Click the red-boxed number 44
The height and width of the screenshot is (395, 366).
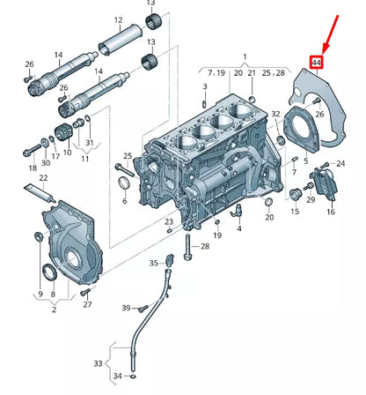coord(317,63)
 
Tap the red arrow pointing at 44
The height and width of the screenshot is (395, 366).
coord(331,34)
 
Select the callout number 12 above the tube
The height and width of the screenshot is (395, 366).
coord(118,20)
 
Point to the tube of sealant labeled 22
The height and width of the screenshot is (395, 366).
coord(40,194)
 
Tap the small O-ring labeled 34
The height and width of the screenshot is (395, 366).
coord(134,376)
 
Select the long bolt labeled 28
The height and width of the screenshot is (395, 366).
coord(187,246)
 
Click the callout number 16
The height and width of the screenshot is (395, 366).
coord(331,212)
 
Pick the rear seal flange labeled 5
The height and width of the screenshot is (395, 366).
coord(302,130)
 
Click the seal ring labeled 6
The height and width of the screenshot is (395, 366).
coord(124,183)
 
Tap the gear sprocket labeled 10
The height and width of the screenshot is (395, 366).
coord(63,132)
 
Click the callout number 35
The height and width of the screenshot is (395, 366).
coord(154,263)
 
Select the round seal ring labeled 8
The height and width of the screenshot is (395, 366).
coord(49,272)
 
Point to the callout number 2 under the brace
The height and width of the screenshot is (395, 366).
coord(55,309)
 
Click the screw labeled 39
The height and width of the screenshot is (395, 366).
coord(143,309)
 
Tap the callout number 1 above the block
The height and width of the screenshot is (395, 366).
coord(245,56)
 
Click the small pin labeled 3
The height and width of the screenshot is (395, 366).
coord(205,104)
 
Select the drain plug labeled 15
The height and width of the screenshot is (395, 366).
coord(295,195)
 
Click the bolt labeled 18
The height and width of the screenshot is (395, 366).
coord(33,150)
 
